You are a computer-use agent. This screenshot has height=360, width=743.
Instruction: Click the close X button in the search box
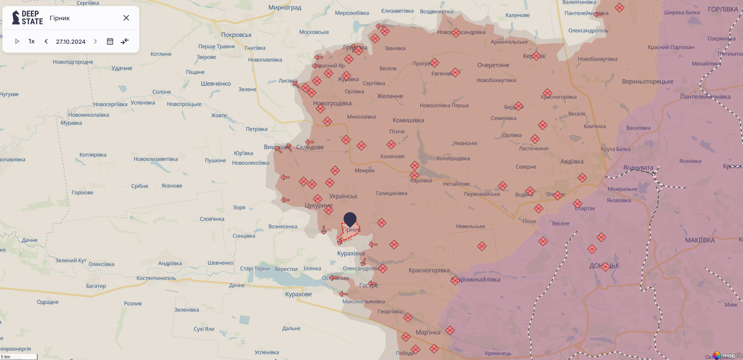(x=126, y=18)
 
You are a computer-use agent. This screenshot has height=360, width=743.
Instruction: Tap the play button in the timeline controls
(x=17, y=41)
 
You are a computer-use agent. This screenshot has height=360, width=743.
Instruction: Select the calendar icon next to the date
(x=110, y=41)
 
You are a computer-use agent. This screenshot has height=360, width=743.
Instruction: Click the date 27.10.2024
(x=70, y=42)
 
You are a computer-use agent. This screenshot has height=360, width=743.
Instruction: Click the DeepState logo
(x=28, y=18)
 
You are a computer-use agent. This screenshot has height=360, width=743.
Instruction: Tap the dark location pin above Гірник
(x=350, y=219)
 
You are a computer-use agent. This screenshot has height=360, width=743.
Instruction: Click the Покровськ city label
(x=236, y=35)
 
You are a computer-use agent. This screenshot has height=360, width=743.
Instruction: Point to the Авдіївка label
(x=572, y=162)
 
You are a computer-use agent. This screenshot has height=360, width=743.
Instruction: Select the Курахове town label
(x=299, y=294)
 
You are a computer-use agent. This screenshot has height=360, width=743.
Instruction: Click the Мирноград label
(x=285, y=8)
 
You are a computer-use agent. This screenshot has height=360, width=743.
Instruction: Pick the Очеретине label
(x=493, y=65)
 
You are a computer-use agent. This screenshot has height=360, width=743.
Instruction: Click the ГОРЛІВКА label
(x=723, y=9)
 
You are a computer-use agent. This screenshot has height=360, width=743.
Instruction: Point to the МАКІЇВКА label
(x=700, y=241)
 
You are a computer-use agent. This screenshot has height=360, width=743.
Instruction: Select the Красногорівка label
(x=429, y=271)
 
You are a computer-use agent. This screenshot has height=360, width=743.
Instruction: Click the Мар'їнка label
(x=428, y=332)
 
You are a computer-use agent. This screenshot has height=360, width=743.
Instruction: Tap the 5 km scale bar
(x=19, y=357)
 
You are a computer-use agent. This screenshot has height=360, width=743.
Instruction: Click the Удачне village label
(x=122, y=68)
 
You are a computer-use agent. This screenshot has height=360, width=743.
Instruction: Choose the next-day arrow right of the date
(x=95, y=41)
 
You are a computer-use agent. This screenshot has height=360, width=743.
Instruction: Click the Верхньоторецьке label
(x=647, y=82)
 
